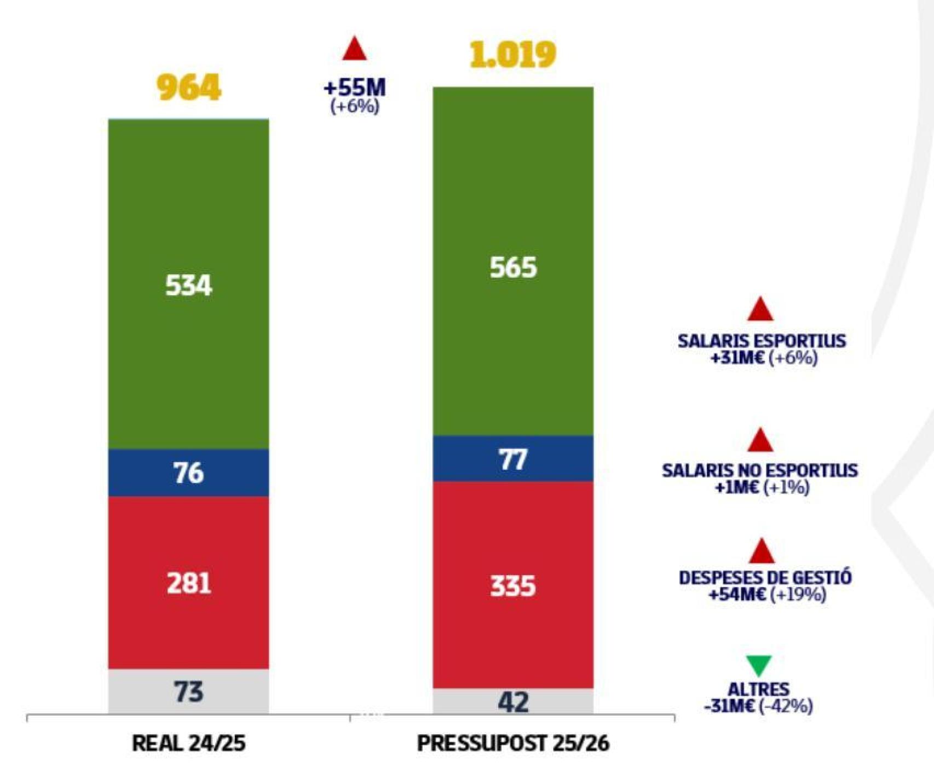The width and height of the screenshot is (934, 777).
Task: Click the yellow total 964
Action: [188, 88]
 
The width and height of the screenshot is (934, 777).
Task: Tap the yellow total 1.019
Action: [512, 55]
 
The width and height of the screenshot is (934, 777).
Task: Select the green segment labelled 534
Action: [188, 284]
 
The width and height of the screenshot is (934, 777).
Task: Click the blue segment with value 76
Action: [188, 473]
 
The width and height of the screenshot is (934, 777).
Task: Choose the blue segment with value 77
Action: [513, 459]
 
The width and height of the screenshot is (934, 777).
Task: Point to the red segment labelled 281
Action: [188, 583]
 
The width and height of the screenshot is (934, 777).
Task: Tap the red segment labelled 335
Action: [513, 585]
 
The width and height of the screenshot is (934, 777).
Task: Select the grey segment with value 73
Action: [188, 692]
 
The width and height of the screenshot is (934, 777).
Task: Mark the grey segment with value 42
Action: [513, 701]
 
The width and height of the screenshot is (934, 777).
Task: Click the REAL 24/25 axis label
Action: [188, 743]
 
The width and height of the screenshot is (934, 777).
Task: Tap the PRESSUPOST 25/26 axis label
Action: [513, 743]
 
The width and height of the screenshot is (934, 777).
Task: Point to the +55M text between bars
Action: [354, 88]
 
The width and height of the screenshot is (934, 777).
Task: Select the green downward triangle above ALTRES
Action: [759, 665]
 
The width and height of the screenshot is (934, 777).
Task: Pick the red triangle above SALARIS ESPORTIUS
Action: [760, 310]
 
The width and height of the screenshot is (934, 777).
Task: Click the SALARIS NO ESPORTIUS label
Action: [759, 470]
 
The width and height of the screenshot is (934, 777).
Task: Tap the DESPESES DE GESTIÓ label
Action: [765, 578]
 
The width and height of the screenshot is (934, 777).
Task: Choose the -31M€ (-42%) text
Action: [758, 706]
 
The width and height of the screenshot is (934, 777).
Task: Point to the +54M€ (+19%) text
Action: [767, 594]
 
